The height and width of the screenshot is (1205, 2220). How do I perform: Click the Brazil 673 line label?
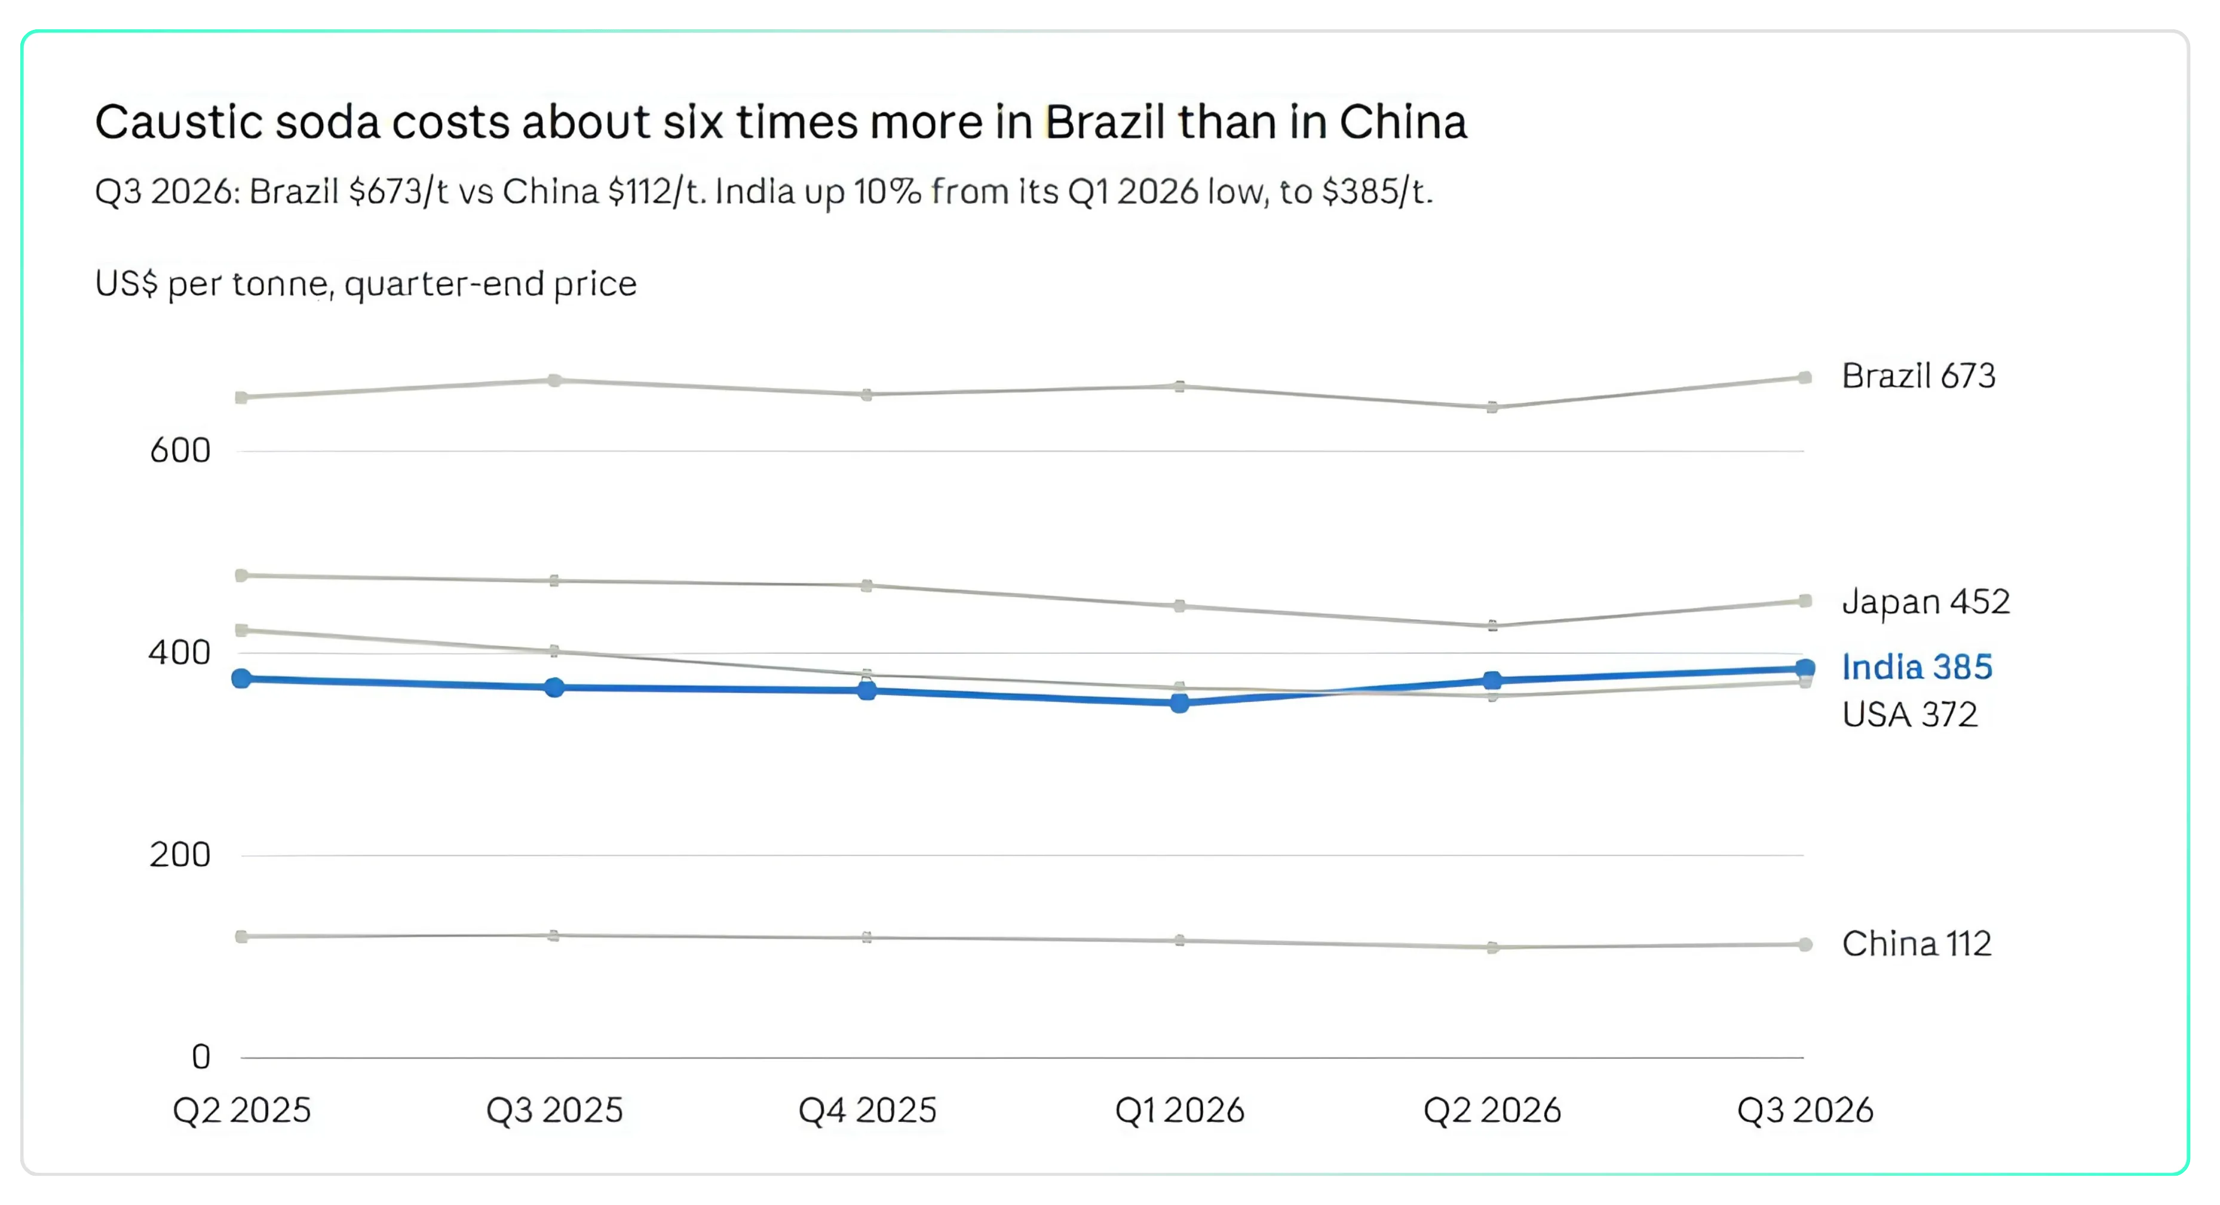point(1918,376)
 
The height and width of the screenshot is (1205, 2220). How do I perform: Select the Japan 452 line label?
point(1925,602)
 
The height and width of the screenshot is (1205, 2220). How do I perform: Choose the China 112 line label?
point(1917,944)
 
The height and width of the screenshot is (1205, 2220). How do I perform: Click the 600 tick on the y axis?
point(180,450)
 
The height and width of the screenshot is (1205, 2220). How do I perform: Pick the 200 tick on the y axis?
point(180,855)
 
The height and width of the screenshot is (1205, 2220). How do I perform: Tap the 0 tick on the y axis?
point(201,1057)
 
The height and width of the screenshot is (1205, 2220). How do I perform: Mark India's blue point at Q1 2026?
point(1180,704)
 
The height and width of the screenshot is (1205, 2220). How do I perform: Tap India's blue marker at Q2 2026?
point(1492,680)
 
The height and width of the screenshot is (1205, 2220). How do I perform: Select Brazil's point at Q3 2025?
point(554,380)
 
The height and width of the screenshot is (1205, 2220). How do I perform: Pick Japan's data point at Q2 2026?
point(1492,626)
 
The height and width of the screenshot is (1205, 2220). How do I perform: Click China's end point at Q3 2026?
point(1805,944)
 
